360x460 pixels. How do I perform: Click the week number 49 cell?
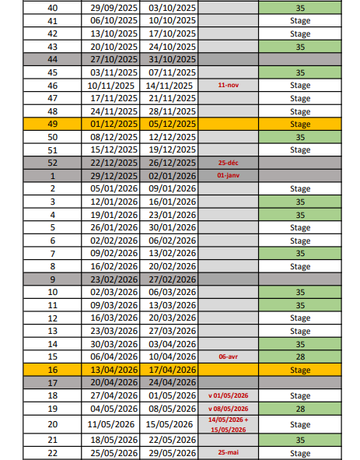[52, 124]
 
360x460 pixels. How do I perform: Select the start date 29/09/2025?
[110, 8]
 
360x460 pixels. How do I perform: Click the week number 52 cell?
[52, 163]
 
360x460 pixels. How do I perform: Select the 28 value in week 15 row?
[299, 357]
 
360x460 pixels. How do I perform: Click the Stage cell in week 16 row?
[299, 370]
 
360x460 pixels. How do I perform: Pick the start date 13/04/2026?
[110, 370]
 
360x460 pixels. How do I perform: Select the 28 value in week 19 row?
[299, 409]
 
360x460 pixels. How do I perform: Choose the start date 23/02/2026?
[110, 279]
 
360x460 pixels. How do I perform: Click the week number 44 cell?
[52, 59]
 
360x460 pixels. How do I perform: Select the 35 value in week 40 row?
[299, 8]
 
